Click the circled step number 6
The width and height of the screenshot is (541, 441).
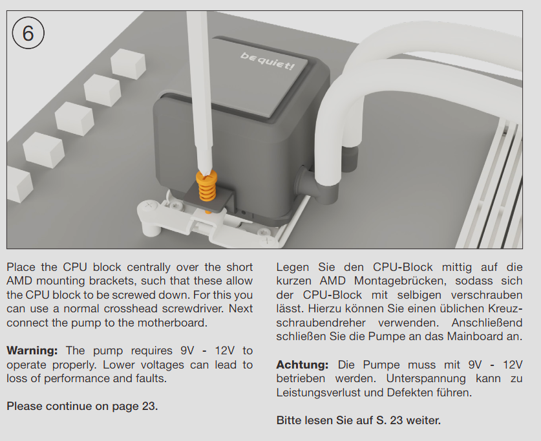(x=28, y=33)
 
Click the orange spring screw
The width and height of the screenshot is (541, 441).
(x=206, y=186)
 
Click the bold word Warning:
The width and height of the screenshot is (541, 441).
(x=32, y=350)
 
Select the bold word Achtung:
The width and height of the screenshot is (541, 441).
(x=302, y=365)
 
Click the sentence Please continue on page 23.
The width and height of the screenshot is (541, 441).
(x=82, y=406)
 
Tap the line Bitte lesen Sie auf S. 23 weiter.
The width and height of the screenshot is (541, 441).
(x=359, y=420)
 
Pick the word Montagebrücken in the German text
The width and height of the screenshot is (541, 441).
(x=400, y=281)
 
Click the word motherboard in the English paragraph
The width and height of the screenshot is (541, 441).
(x=172, y=323)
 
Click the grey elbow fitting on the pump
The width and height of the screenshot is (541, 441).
(x=314, y=183)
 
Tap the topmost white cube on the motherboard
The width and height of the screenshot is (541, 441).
(x=128, y=63)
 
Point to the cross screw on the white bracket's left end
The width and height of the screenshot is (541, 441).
(x=149, y=206)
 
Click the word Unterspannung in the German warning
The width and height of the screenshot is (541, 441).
(x=426, y=378)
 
